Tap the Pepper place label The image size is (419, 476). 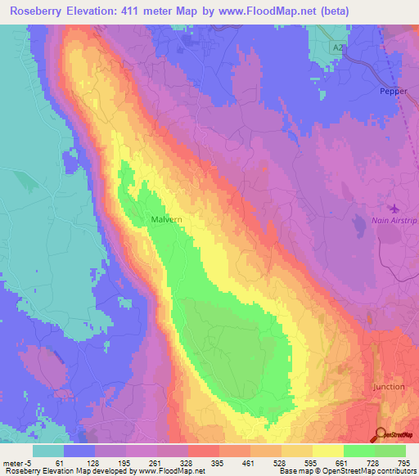393,92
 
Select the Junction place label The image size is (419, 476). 388,387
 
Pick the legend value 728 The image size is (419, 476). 374,462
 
